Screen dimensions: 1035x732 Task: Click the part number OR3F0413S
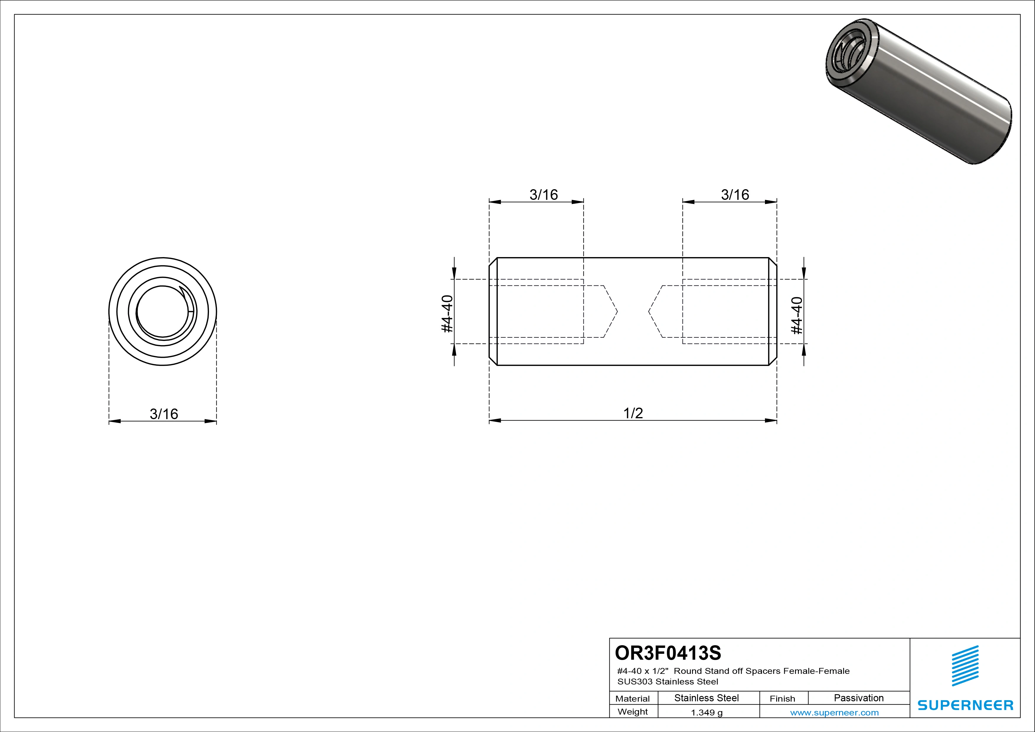pyautogui.click(x=668, y=652)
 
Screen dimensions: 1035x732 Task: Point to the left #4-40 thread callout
pyautogui.click(x=447, y=314)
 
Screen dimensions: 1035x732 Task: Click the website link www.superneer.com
pyautogui.click(x=834, y=713)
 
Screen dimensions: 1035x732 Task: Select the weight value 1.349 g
pyautogui.click(x=707, y=713)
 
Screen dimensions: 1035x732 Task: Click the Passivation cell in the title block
pyautogui.click(x=859, y=698)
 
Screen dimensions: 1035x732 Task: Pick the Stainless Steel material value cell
pyautogui.click(x=706, y=698)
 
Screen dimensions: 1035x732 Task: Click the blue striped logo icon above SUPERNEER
pyautogui.click(x=965, y=666)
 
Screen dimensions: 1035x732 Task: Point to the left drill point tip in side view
pyautogui.click(x=617, y=311)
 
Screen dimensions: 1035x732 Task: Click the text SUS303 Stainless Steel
pyautogui.click(x=668, y=682)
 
